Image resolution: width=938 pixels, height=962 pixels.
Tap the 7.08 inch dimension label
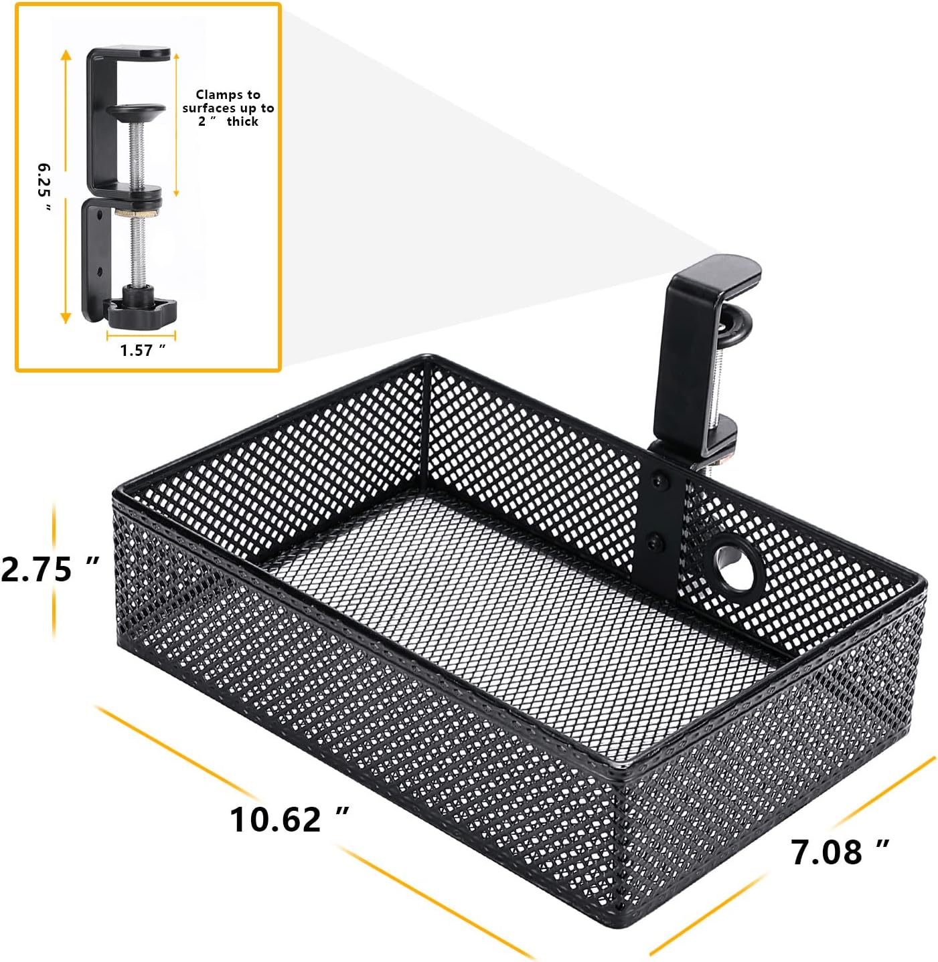tap(840, 852)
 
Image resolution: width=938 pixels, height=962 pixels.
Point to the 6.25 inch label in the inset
tap(44, 187)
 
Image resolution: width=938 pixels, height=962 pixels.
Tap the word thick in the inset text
tap(242, 121)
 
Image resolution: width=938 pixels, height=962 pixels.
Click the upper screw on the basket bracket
tap(661, 479)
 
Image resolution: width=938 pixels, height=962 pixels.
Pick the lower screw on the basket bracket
tap(655, 539)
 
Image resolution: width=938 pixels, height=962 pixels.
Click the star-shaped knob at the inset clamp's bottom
tap(143, 312)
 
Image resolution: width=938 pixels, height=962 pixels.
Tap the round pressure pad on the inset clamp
tap(137, 111)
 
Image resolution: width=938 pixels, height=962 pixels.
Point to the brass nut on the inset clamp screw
tap(137, 213)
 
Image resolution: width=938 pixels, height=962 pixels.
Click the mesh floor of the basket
tap(509, 622)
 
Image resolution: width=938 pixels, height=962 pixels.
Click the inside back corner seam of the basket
tap(425, 428)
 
